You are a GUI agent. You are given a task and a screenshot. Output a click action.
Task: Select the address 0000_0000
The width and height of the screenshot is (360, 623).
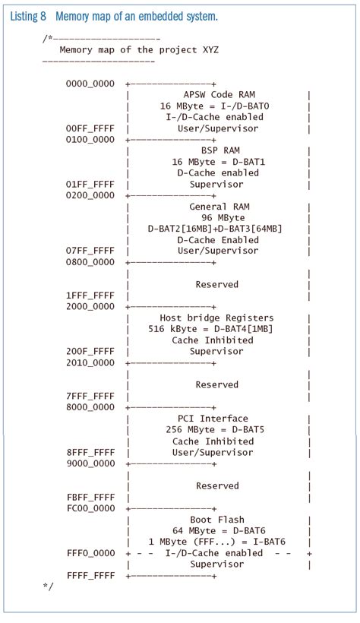(x=91, y=84)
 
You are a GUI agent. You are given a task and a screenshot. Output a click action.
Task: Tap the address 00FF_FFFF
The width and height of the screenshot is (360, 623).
(x=91, y=128)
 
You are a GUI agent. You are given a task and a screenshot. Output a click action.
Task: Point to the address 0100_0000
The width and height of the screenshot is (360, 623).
(x=91, y=140)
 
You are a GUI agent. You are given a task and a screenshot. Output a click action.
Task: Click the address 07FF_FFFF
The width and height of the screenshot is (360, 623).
(x=91, y=251)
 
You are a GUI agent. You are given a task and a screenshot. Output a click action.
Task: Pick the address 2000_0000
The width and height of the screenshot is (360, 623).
(x=91, y=307)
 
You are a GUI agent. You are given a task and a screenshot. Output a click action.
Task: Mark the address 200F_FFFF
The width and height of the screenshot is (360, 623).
(x=91, y=352)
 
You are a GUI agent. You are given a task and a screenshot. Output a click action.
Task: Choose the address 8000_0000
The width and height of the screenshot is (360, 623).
(x=91, y=407)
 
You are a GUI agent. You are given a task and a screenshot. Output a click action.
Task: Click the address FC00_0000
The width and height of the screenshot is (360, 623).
(x=91, y=508)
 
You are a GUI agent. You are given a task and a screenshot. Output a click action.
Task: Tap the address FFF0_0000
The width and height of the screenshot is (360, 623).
(x=91, y=553)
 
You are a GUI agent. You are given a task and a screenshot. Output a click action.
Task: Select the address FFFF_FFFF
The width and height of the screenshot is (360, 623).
(x=91, y=575)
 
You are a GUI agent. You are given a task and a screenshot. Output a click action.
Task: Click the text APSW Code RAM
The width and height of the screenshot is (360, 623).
(x=217, y=95)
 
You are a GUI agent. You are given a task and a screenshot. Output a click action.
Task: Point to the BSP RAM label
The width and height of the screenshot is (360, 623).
(x=216, y=151)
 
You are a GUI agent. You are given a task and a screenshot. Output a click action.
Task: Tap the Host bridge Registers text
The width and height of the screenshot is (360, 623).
(x=216, y=318)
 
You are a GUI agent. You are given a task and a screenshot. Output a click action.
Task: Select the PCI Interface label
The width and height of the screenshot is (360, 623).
(x=216, y=419)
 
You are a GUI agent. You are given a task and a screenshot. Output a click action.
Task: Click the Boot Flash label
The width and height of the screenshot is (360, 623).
(x=216, y=519)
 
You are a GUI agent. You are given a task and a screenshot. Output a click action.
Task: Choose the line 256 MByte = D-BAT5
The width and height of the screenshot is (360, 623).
(x=216, y=430)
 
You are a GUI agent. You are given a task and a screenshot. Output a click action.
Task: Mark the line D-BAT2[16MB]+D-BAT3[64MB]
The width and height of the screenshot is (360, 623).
(x=216, y=229)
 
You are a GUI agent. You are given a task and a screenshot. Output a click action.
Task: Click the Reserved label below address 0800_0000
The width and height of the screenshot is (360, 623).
(x=216, y=284)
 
